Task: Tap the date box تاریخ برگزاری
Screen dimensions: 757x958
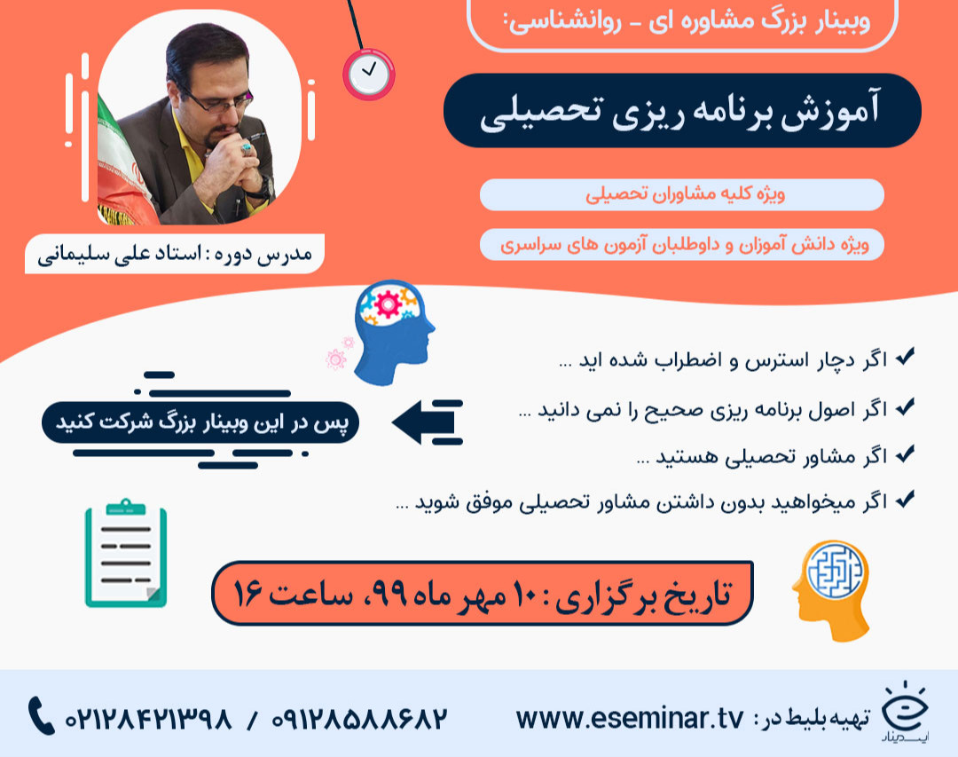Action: pyautogui.click(x=483, y=592)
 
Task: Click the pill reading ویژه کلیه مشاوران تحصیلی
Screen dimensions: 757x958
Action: pyautogui.click(x=681, y=194)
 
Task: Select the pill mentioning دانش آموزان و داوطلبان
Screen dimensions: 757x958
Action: pyautogui.click(x=681, y=244)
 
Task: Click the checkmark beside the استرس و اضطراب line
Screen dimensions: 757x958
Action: pyautogui.click(x=906, y=359)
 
